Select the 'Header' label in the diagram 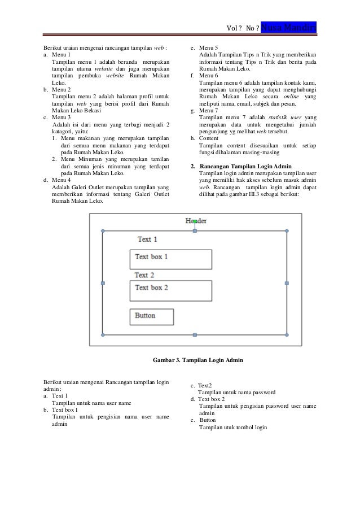196,221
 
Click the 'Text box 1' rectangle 170,259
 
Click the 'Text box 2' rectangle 170,290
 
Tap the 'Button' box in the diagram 151,317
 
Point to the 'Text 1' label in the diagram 147,239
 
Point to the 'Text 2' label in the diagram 144,275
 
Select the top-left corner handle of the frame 103,231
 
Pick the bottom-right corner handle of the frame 287,335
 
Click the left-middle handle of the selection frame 103,283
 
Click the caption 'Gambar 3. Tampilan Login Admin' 198,360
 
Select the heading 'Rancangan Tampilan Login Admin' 245,167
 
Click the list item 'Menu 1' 62,55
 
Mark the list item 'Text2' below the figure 204,385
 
